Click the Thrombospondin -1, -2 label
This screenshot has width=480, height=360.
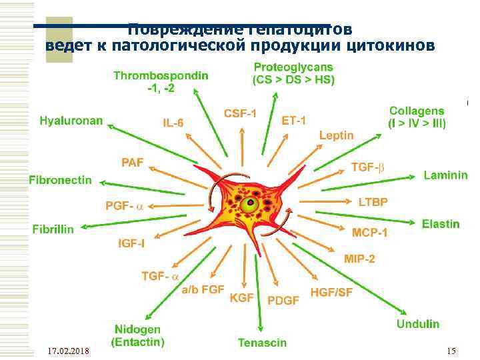coord(160,82)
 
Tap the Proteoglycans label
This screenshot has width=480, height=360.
coord(293,73)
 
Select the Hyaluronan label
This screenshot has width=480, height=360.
coord(71,121)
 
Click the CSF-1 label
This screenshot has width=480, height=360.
coord(240,113)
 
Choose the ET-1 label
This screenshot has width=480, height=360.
coord(294,121)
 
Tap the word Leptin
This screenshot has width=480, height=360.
coord(336,135)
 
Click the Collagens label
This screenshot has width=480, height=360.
coord(417,117)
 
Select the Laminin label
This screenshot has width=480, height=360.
coord(445,175)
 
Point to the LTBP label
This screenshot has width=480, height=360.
coord(373,201)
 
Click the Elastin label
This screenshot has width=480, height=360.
coord(440,224)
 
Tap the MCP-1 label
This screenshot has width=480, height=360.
coord(369,232)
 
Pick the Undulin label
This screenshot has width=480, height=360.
coord(418,324)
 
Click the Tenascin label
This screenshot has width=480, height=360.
coord(262,343)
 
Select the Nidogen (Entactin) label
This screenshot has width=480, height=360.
coord(137,335)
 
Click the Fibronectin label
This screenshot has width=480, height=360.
coord(60,180)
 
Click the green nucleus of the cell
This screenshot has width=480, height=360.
coord(251,203)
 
